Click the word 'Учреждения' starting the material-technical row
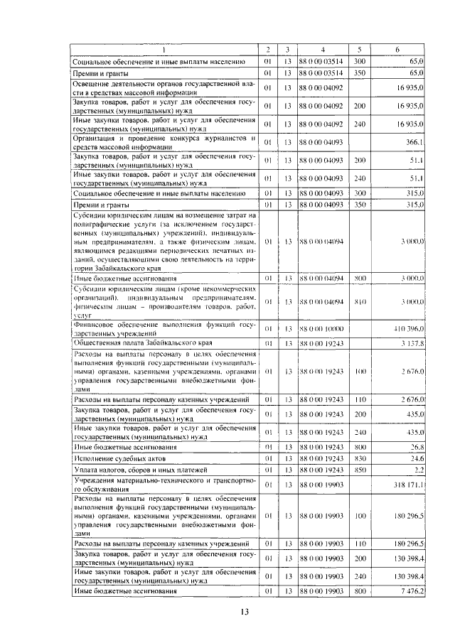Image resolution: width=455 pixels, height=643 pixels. pyautogui.click(x=95, y=480)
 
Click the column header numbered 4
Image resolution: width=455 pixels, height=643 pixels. pyautogui.click(x=322, y=49)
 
